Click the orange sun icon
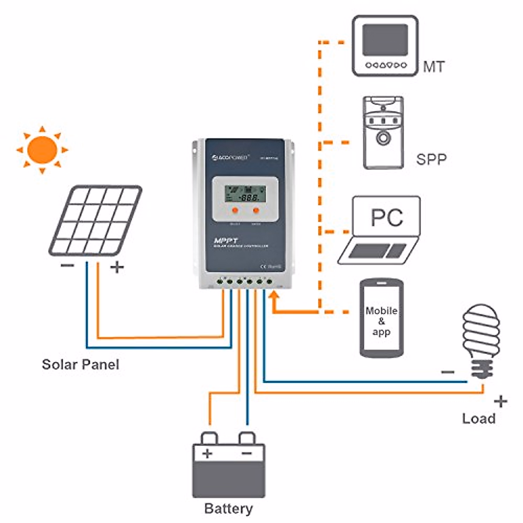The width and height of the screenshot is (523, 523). coord(42,150)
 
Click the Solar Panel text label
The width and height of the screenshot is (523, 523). coord(80,364)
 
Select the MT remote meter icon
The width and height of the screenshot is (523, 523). coord(385,46)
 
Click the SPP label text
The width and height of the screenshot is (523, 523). coord(431,160)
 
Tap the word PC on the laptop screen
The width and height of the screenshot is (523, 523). coord(387,217)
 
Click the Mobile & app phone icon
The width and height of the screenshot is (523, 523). coord(381,319)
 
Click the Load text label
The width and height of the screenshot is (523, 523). coord(479,418)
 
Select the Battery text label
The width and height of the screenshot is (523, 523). coord(228,508)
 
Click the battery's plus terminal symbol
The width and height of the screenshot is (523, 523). coord(207,453)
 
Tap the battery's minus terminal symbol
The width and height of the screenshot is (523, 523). coord(247,453)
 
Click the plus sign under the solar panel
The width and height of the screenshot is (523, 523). coord(116,267)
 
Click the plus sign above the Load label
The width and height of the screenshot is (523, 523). coord(501,401)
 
